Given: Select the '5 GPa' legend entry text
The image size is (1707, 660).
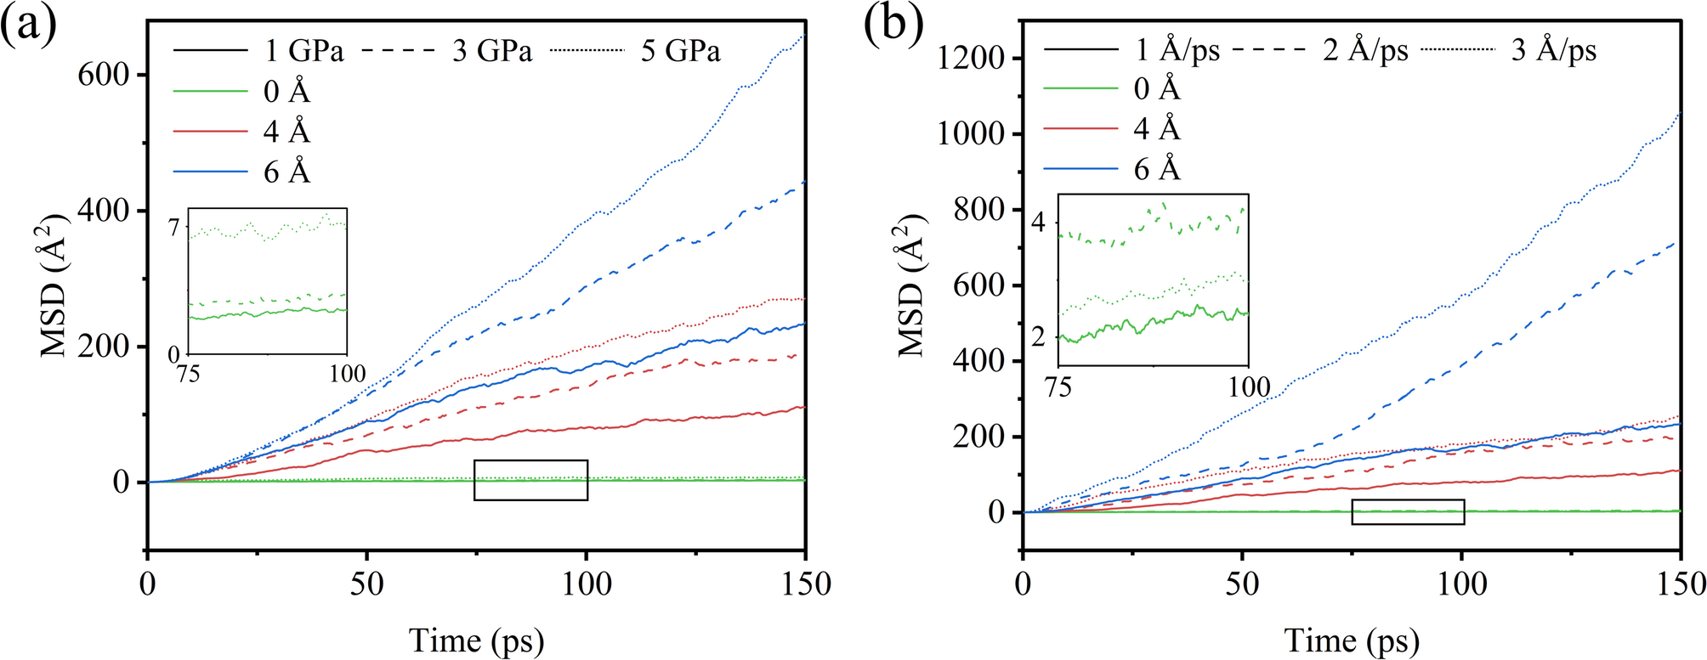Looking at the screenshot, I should pos(680,51).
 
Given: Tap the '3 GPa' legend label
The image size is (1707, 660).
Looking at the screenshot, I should pos(492,51).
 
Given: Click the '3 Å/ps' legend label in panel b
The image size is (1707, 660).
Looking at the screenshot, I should pos(1553,50).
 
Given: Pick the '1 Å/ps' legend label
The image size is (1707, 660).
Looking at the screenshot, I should pos(1177,50).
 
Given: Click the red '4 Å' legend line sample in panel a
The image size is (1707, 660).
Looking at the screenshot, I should pos(210,132).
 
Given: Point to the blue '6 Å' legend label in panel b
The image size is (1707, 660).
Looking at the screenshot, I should pos(1157,170).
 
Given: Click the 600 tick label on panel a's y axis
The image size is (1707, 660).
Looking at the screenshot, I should pos(103,75).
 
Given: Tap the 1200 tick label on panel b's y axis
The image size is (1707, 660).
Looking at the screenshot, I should pos(971,58).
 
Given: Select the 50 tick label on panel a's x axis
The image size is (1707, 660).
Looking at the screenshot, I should pos(366,584).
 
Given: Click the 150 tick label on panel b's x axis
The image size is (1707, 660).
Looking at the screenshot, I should pos(1680,584).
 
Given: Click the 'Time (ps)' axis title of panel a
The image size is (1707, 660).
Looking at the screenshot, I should pos(476,640).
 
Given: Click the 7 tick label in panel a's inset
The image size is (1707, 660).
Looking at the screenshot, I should pos(173,228).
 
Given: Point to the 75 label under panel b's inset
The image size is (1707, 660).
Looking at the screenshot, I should pos(1058,387).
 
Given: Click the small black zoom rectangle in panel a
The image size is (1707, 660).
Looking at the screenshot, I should pos(530,480).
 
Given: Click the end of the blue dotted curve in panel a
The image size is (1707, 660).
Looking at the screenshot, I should pos(804,36).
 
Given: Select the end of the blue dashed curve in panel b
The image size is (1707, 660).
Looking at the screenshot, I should pos(1679,242).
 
